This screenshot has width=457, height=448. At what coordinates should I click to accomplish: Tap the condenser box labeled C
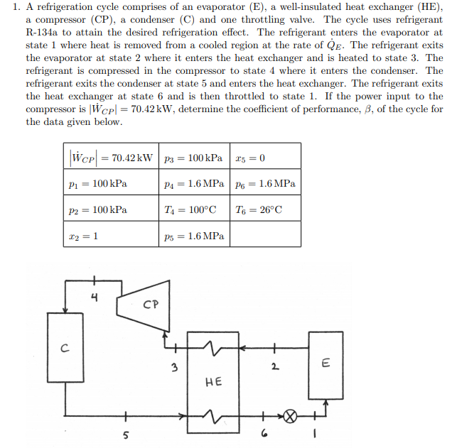[65, 348]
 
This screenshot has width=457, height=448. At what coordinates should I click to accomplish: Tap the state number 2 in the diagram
[273, 367]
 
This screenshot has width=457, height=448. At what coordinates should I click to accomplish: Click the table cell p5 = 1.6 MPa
[193, 236]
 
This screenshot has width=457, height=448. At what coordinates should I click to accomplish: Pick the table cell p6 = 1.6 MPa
[263, 183]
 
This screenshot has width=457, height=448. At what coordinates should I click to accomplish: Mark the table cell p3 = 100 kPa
[193, 157]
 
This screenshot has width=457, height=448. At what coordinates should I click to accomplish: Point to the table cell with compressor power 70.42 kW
[111, 157]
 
